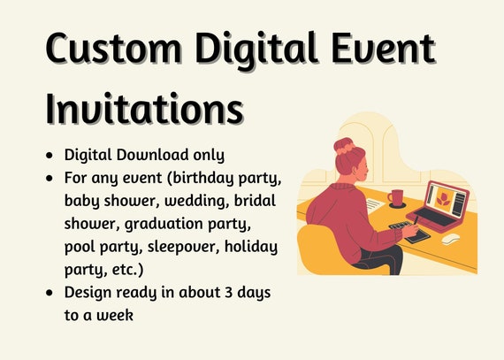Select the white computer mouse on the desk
tap(450, 239)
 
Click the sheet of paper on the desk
tap(373, 204)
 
